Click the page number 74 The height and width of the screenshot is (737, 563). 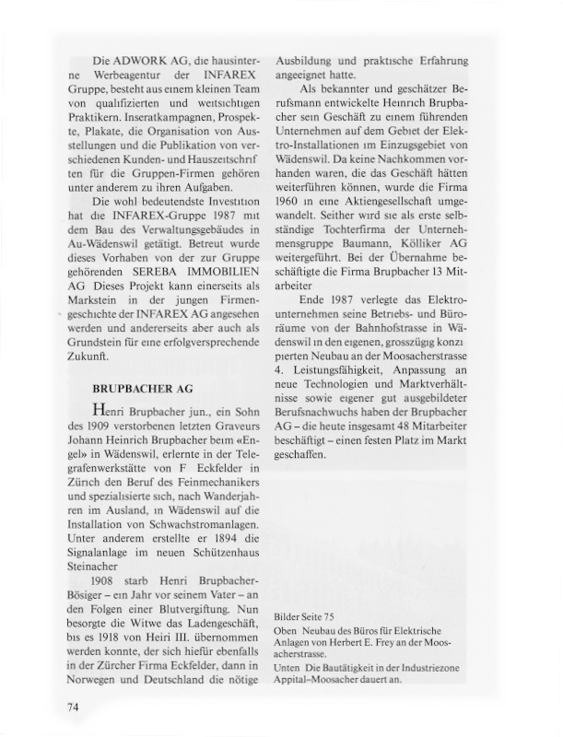click(x=76, y=707)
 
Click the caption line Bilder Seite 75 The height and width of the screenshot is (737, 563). click(x=309, y=614)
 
